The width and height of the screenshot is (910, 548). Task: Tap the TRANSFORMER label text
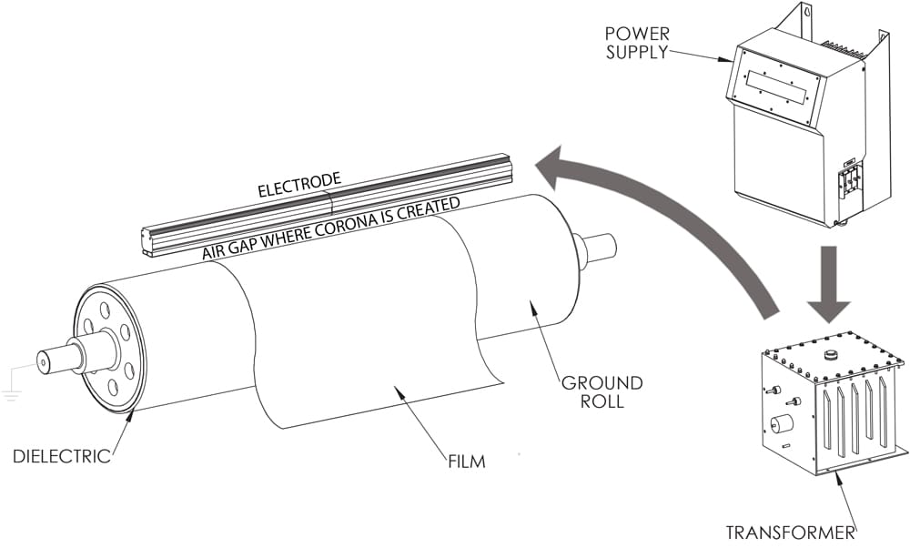coord(790,532)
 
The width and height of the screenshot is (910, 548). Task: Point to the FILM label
coord(466,462)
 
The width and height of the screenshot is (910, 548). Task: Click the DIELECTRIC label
coord(61,456)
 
